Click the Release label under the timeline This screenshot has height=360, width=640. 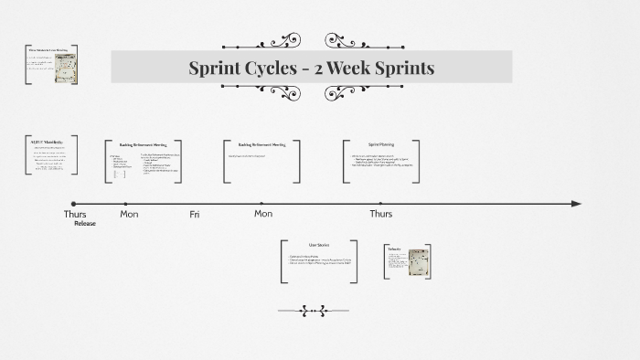tap(85, 224)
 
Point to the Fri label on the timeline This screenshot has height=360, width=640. tap(195, 215)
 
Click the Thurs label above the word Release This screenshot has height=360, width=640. tap(75, 215)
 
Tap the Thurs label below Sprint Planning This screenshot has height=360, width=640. tap(380, 215)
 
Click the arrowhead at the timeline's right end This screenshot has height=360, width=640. tap(576, 204)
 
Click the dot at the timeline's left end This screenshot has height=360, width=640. tap(73, 204)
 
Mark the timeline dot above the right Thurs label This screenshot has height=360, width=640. tap(380, 204)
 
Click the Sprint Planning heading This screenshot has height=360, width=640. tap(381, 144)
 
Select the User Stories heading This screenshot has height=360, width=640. tap(318, 245)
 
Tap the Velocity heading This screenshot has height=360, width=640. tap(394, 249)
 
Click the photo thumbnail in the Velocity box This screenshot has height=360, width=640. tap(418, 262)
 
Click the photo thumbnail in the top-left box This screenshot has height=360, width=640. tap(65, 68)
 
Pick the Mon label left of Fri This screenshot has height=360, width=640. tap(129, 215)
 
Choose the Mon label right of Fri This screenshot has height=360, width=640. tap(263, 215)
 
